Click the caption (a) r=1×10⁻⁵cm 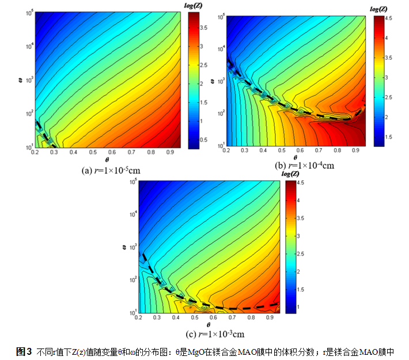(x=108, y=170)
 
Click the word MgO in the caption (x=198, y=351)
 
